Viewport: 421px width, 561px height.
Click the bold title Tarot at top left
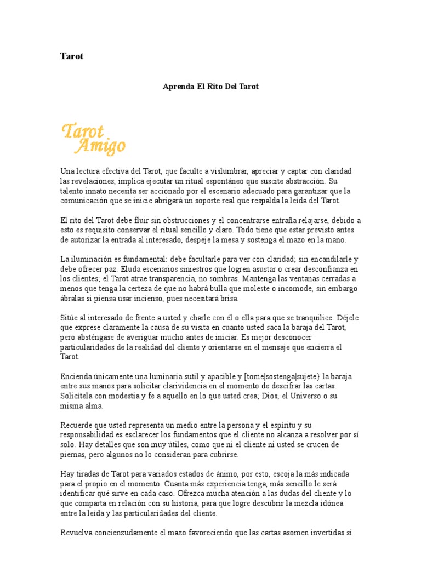tap(71, 56)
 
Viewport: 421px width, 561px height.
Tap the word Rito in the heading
tap(215, 87)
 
